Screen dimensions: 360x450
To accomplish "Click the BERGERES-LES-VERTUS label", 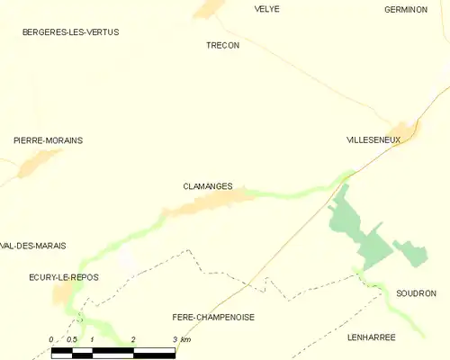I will coord(70,32).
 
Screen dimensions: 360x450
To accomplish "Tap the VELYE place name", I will coord(267,9).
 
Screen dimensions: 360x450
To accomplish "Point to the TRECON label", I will coord(222,45).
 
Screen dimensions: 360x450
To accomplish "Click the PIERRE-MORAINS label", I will coord(48,140).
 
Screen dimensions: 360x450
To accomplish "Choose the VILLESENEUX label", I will coord(373,140).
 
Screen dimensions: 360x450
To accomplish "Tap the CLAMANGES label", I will coord(207,186).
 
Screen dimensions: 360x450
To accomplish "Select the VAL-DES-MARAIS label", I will coord(34,245).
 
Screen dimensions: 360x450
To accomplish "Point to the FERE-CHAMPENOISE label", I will coord(213,318).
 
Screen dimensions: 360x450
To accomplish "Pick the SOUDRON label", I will coord(416,293).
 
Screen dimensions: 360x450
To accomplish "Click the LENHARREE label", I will coord(371,337).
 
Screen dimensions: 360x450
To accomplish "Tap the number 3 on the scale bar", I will coord(175,339).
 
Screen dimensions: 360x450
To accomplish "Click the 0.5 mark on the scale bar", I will coord(71,339).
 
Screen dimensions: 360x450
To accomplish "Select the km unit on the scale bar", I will coord(185,339).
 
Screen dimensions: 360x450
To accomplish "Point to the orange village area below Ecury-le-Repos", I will coord(61,295).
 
